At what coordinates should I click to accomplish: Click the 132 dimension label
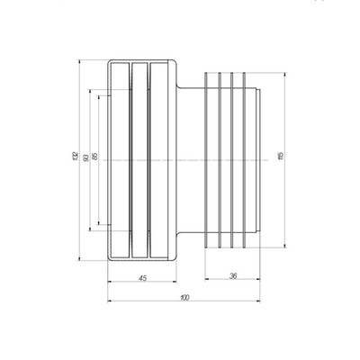76,158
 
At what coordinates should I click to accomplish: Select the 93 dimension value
85,158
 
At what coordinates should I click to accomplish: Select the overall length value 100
184,298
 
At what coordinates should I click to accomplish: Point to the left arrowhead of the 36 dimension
207,283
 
